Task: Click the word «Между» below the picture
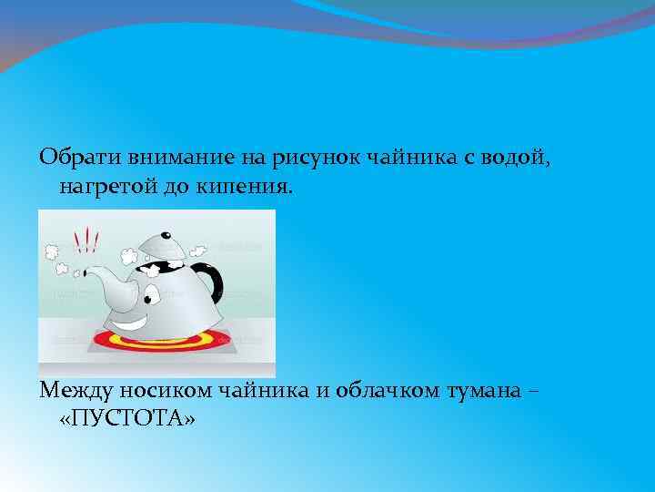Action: click(73, 390)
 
